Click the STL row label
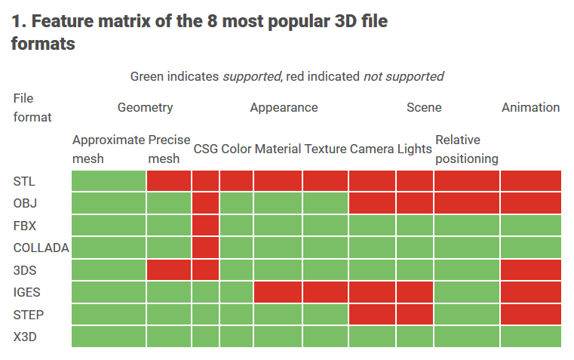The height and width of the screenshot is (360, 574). pyautogui.click(x=24, y=181)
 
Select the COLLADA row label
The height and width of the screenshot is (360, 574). pyautogui.click(x=41, y=248)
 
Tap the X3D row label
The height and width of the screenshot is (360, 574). pyautogui.click(x=25, y=337)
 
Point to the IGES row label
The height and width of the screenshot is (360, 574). pyautogui.click(x=28, y=292)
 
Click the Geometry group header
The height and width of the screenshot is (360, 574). pyautogui.click(x=145, y=107)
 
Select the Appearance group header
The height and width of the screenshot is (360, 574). pyautogui.click(x=284, y=107)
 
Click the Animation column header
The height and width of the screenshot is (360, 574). pyautogui.click(x=530, y=107)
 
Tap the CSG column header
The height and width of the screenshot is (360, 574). pyautogui.click(x=205, y=149)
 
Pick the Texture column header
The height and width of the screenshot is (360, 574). pyautogui.click(x=325, y=149)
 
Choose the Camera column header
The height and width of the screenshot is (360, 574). pyautogui.click(x=372, y=149)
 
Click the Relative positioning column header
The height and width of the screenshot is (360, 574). pyautogui.click(x=466, y=149)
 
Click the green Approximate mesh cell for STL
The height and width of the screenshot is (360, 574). pyautogui.click(x=109, y=181)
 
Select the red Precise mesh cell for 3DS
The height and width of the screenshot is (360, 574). pyautogui.click(x=169, y=269)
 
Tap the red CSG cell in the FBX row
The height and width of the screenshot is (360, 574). pyautogui.click(x=205, y=226)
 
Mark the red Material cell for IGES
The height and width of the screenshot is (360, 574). pyautogui.click(x=278, y=292)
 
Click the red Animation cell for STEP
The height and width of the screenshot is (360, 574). pyautogui.click(x=530, y=314)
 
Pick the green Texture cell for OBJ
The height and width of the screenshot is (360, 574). pyautogui.click(x=325, y=203)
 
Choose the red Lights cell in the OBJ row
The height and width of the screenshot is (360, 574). pyautogui.click(x=415, y=203)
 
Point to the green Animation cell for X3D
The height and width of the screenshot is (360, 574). pyautogui.click(x=530, y=337)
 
